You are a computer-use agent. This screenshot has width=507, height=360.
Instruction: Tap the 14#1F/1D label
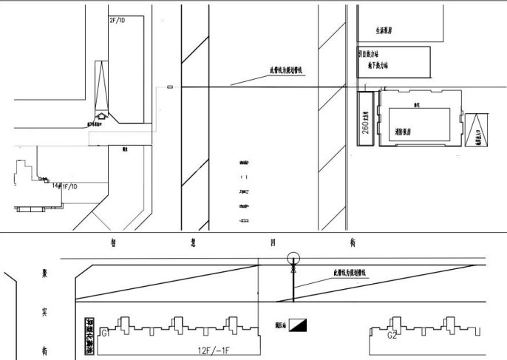pos(66,186)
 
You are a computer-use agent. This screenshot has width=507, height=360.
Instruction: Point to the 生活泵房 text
pos(383,31)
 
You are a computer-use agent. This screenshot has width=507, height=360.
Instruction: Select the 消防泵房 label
pos(406,128)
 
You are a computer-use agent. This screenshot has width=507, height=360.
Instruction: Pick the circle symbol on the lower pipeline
pos(293,259)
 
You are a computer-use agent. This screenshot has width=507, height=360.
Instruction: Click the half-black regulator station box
pos(299,324)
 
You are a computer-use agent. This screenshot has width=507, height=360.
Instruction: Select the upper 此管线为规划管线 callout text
pos(291,72)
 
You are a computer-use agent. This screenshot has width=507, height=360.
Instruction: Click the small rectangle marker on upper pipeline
pos(171,87)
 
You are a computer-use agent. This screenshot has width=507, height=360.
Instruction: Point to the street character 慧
pos(193,242)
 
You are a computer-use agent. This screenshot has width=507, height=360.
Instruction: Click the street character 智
pos(112,242)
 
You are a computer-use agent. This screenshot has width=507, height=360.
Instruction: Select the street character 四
pos(273,242)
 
